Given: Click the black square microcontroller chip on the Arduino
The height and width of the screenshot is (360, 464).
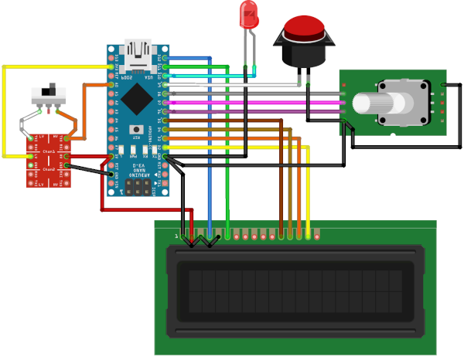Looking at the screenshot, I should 138,98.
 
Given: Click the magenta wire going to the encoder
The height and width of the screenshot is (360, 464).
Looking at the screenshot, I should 255,101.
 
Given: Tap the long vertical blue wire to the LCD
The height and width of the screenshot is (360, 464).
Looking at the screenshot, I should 210,155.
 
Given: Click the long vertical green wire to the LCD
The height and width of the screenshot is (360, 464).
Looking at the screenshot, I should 227,155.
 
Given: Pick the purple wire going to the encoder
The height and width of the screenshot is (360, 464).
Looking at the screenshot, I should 255,110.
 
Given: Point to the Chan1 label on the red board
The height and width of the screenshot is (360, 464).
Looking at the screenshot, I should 49,151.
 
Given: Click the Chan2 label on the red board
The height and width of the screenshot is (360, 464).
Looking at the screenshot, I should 49,168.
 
